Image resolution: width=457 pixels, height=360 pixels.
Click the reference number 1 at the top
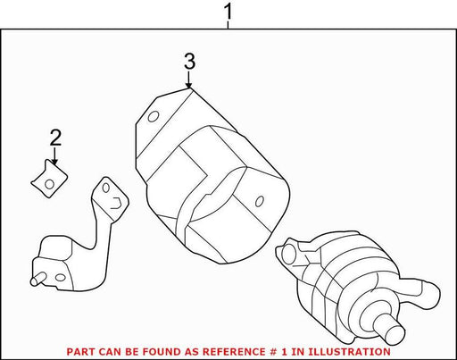click(228, 12)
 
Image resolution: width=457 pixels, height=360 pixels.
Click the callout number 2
click(55, 138)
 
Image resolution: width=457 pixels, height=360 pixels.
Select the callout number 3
click(190, 62)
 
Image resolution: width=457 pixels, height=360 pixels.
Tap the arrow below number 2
click(54, 156)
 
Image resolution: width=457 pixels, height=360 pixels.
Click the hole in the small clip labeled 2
click(49, 185)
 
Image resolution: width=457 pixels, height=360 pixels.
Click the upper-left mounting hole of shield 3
click(153, 117)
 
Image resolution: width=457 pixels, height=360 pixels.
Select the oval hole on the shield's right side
click(259, 201)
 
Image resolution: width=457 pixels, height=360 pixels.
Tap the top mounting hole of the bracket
click(106, 188)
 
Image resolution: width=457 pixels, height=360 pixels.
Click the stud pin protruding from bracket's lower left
click(37, 279)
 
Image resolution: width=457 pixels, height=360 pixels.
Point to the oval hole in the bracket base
click(61, 277)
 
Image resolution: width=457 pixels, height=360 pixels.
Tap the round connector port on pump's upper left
click(288, 255)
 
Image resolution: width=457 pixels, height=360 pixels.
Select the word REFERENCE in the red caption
click(234, 352)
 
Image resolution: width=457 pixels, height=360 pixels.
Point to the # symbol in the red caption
click(271, 352)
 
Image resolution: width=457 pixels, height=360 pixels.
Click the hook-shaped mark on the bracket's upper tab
click(116, 203)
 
